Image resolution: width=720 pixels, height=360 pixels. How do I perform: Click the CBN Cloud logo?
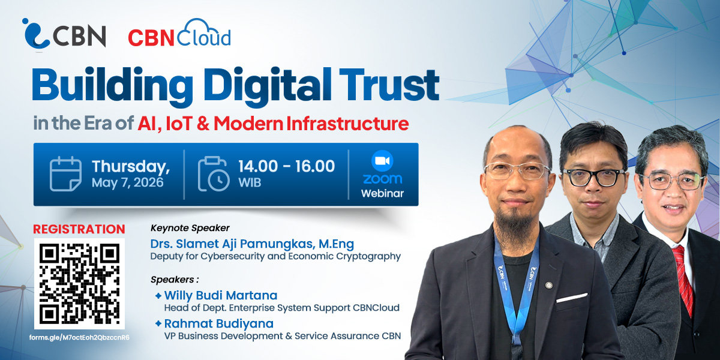[179, 33]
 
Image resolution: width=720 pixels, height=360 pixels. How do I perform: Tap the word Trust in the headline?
[389, 84]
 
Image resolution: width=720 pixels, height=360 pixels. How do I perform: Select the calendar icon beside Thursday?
[65, 174]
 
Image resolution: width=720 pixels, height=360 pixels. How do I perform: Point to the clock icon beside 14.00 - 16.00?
[214, 174]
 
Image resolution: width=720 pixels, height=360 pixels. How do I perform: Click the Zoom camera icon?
[382, 161]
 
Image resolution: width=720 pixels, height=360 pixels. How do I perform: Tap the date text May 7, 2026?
[128, 182]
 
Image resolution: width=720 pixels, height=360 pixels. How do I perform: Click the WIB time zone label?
[250, 182]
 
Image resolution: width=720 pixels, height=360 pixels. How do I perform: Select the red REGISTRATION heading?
[79, 229]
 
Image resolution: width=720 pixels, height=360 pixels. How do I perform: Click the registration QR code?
[79, 283]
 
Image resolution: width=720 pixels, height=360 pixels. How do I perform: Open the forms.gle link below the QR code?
[79, 337]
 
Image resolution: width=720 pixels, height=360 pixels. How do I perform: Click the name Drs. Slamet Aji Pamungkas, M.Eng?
[252, 244]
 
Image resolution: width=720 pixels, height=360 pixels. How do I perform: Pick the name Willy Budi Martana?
[221, 295]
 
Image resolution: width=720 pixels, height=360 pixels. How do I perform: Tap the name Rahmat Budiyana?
[218, 323]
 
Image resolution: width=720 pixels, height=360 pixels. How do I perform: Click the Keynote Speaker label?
[190, 228]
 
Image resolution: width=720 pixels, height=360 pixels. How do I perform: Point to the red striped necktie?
[682, 279]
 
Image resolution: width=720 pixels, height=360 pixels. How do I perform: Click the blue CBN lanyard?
[516, 289]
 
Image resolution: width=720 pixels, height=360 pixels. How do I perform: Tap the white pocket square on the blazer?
[572, 298]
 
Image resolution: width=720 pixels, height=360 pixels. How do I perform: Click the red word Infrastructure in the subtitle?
[347, 124]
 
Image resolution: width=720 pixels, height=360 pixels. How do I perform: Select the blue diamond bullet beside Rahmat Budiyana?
[158, 323]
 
